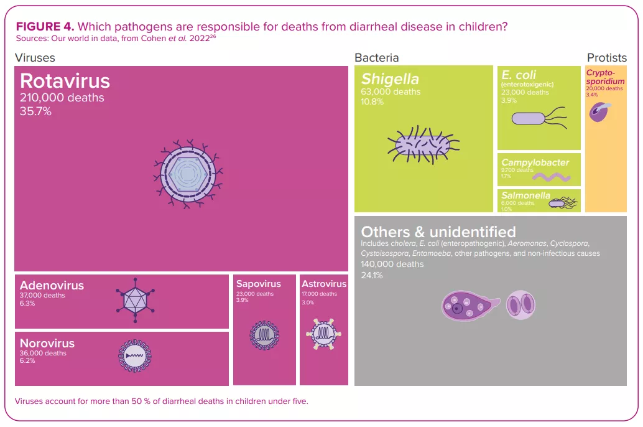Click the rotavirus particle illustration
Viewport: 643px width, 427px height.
click(x=188, y=174)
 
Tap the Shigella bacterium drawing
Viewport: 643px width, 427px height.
click(x=423, y=145)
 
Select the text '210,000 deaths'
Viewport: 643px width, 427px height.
click(x=62, y=98)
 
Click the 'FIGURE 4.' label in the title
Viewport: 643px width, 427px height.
click(x=45, y=27)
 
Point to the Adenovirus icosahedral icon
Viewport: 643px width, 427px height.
click(x=136, y=301)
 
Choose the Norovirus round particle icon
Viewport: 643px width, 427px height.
click(x=134, y=356)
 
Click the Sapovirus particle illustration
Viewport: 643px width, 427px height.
click(x=264, y=335)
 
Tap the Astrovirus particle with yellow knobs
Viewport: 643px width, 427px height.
click(x=323, y=334)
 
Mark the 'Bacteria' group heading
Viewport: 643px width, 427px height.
click(x=376, y=58)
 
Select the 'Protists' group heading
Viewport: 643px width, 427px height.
click(x=607, y=58)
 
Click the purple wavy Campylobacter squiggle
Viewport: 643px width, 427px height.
click(x=552, y=177)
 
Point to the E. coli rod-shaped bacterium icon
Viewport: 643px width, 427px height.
click(x=539, y=118)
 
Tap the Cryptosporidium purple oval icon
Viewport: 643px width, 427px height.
click(x=599, y=112)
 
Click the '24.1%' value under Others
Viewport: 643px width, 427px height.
click(x=371, y=275)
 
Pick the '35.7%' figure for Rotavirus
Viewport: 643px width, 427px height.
click(x=35, y=111)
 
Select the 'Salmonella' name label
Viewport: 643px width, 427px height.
click(x=525, y=195)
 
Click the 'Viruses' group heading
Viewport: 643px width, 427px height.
click(x=35, y=58)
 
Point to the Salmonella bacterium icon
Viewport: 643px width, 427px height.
click(x=563, y=202)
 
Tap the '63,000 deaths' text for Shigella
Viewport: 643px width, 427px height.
click(x=391, y=91)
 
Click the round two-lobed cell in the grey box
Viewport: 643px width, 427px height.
click(x=520, y=305)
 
